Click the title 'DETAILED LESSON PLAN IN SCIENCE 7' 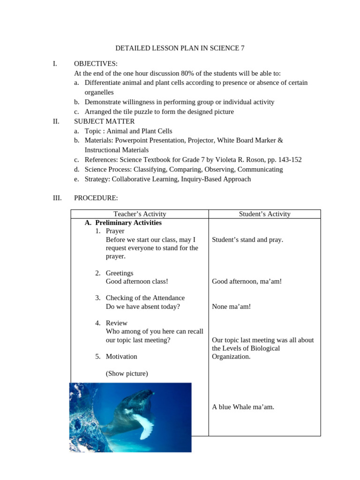pos(180,48)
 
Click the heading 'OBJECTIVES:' pos(96,63)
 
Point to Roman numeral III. pos(57,198)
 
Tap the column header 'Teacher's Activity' pos(140,214)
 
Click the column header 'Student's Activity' pos(264,214)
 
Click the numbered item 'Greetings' pos(120,273)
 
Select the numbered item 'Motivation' pos(121,356)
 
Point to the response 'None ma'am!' pos(232,307)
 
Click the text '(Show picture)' pos(127,374)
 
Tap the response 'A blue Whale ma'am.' pos(243,407)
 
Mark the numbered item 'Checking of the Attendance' pos(145,298)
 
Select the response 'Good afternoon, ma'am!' pos(247,281)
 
